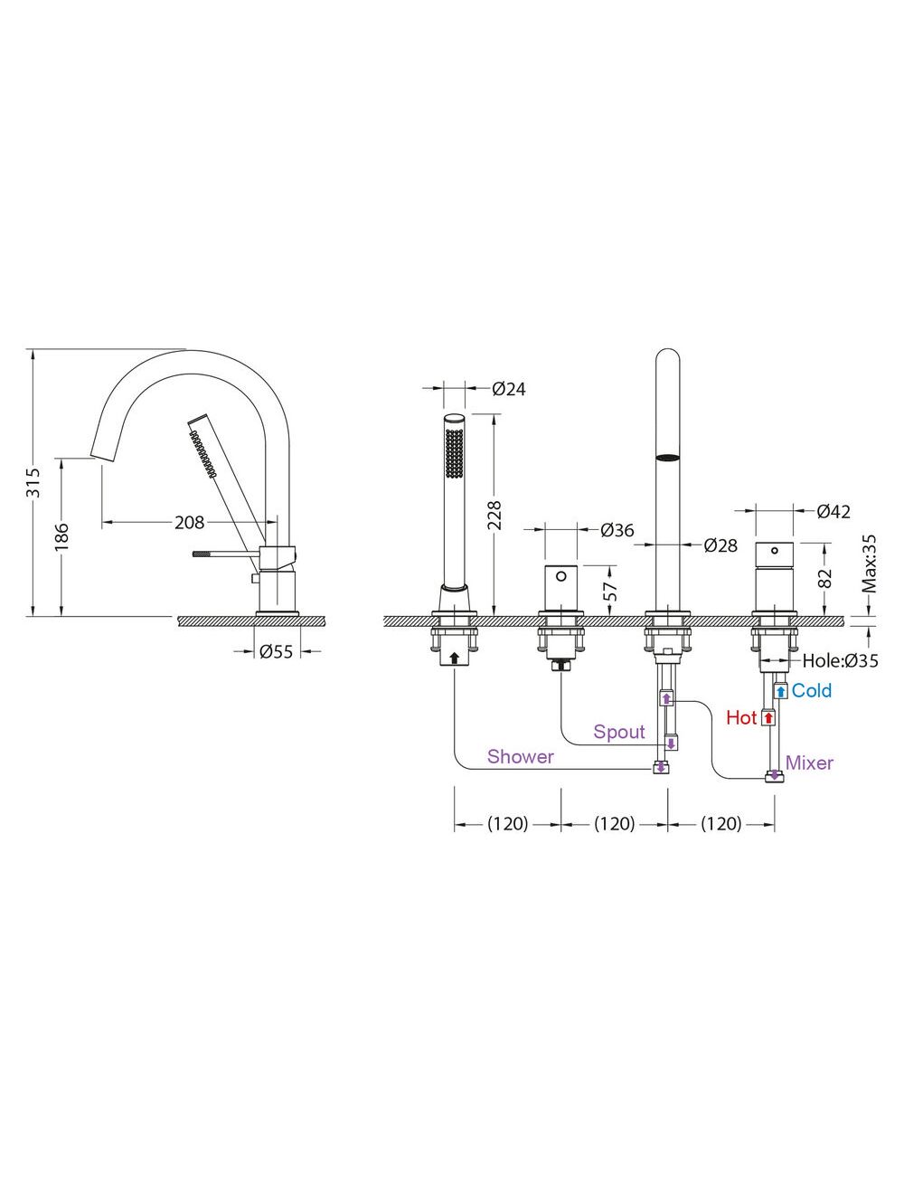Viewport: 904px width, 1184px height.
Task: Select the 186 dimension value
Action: pyautogui.click(x=61, y=536)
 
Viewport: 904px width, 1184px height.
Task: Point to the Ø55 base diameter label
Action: pyautogui.click(x=276, y=650)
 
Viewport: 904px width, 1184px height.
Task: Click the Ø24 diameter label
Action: pyautogui.click(x=508, y=389)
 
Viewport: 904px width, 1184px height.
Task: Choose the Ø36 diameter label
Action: pyautogui.click(x=617, y=530)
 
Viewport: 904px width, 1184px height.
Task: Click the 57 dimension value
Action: pyautogui.click(x=612, y=591)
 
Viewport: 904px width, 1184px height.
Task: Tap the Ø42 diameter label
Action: pyautogui.click(x=833, y=511)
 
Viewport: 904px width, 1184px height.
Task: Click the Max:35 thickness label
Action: pyautogui.click(x=869, y=563)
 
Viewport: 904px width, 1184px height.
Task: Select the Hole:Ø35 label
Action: pyautogui.click(x=840, y=661)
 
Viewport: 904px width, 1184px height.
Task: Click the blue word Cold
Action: pyautogui.click(x=812, y=690)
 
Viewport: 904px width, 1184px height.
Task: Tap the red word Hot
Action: pyautogui.click(x=741, y=717)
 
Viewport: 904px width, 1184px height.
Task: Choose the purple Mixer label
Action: pyautogui.click(x=809, y=762)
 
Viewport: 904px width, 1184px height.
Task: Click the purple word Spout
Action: pyautogui.click(x=619, y=731)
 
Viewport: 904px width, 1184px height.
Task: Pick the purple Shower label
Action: pyautogui.click(x=520, y=756)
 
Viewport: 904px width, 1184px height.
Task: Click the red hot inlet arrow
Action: pyautogui.click(x=768, y=717)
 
